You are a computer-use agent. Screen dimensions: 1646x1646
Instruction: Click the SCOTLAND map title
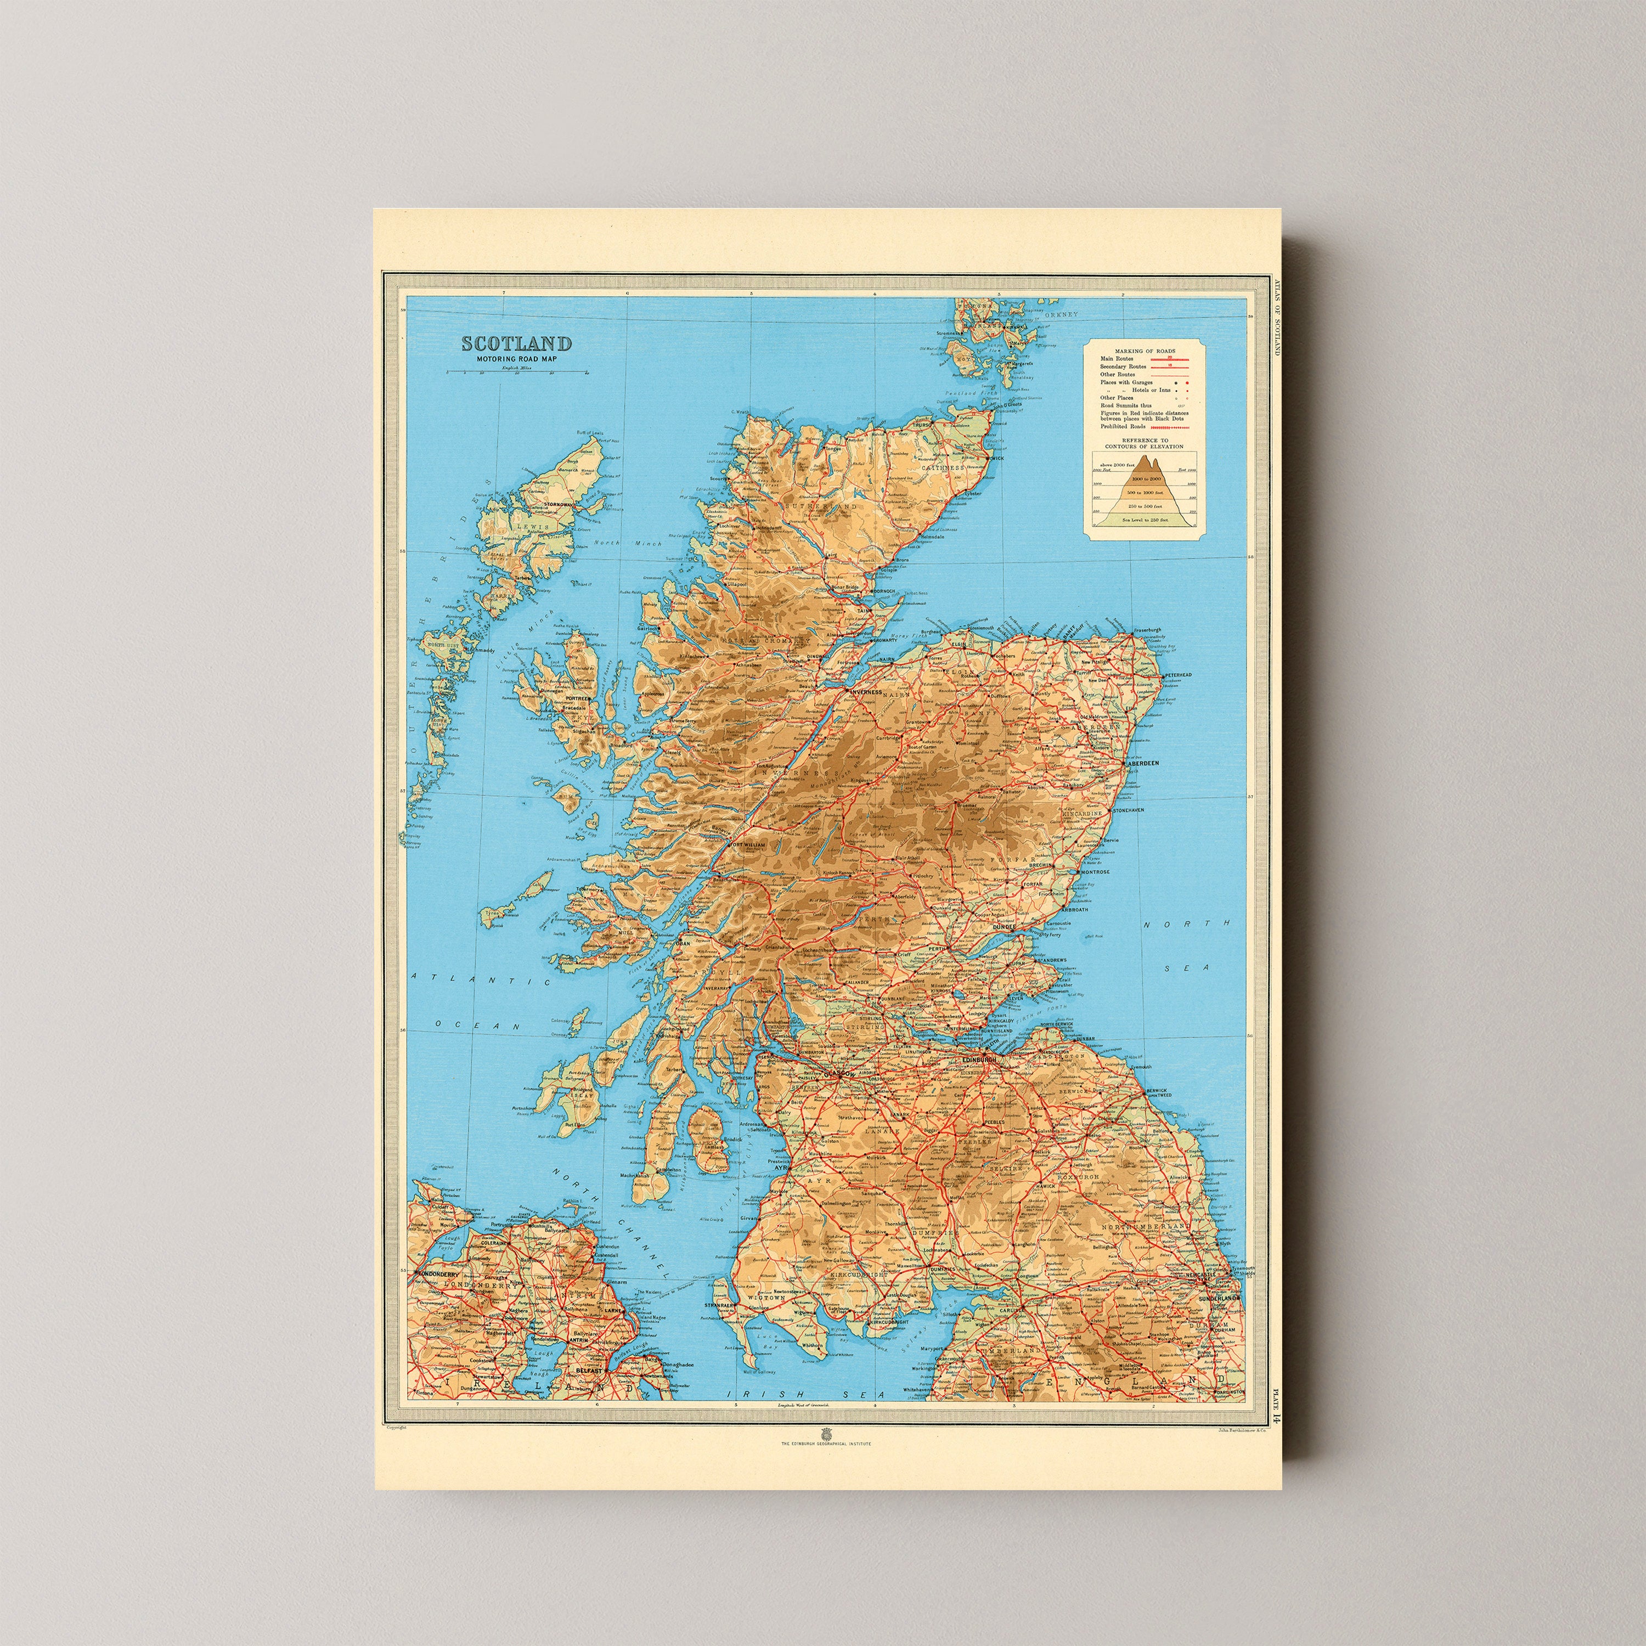(x=516, y=343)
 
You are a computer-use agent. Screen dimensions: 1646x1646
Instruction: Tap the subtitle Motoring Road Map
(x=516, y=359)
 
